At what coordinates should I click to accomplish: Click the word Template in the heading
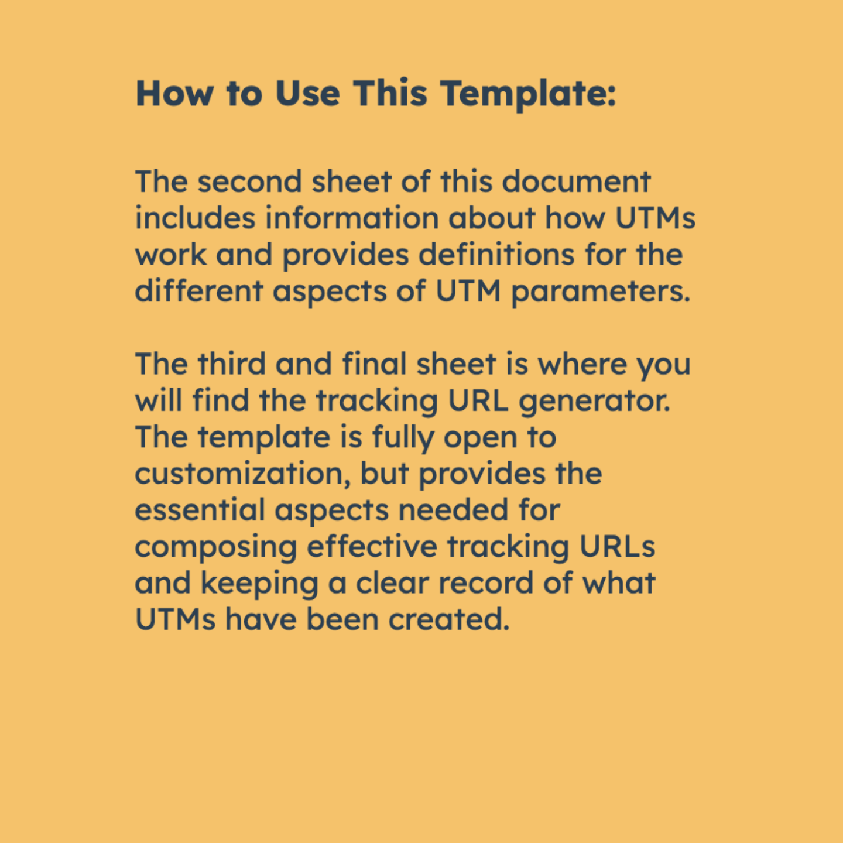pos(527,94)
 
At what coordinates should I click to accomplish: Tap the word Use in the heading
pos(307,94)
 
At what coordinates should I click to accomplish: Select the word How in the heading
pos(174,94)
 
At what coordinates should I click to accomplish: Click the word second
pos(249,181)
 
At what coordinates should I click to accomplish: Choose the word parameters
pos(600,292)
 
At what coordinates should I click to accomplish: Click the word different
pos(199,291)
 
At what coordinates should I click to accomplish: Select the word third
pos(232,364)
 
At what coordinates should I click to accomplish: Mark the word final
pos(375,364)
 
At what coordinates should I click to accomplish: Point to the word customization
pos(242,474)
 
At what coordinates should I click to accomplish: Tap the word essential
pos(200,510)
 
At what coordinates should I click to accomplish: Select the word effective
pos(372,547)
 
